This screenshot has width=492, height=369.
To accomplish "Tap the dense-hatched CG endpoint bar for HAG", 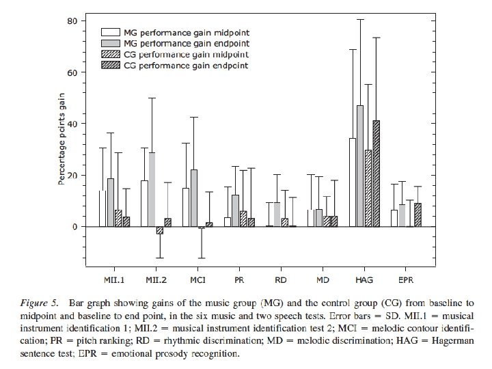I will click(376, 174).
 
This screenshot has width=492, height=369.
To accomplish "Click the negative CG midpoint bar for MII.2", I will click(160, 230).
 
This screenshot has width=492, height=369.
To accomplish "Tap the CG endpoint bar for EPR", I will click(418, 215).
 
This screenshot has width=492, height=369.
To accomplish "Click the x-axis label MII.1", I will click(113, 281).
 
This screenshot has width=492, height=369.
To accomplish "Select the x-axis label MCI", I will click(197, 281).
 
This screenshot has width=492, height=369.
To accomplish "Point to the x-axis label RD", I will click(281, 281).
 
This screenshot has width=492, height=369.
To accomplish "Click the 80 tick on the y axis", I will click(71, 20).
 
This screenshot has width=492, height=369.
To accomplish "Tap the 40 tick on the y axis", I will click(71, 124).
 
